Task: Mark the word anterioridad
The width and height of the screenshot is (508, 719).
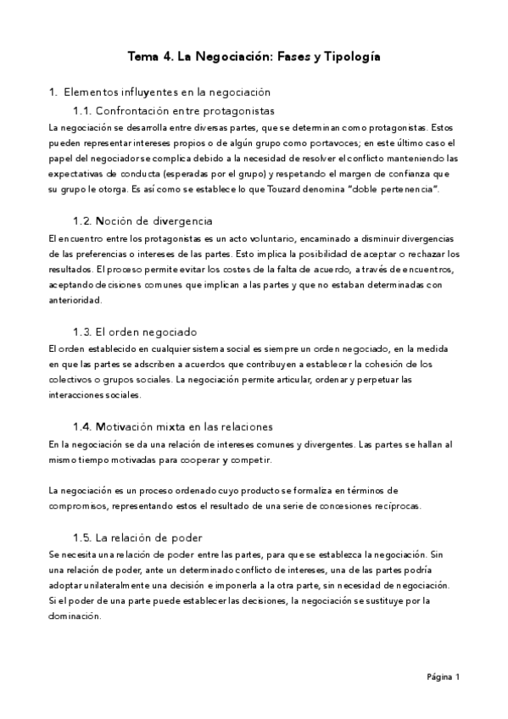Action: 75,299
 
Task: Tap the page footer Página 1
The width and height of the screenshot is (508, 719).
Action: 443,677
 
